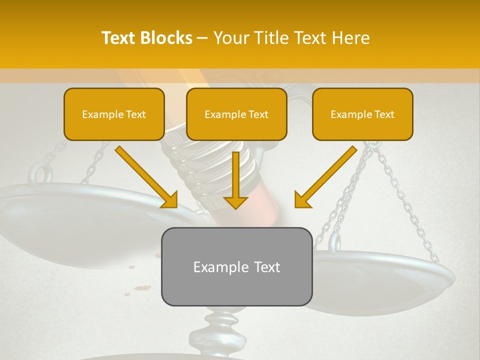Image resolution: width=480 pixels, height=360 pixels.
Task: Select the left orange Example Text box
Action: tap(114, 114)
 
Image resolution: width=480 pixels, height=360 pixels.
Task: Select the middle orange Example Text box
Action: tap(236, 114)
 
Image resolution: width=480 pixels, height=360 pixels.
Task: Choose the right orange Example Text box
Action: tap(362, 114)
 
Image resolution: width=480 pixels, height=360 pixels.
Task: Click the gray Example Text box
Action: tap(236, 266)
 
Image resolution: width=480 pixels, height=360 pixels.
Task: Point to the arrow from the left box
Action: tap(147, 177)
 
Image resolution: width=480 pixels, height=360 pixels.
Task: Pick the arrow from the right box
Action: tap(325, 177)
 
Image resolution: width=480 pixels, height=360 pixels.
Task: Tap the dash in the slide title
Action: tap(202, 38)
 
